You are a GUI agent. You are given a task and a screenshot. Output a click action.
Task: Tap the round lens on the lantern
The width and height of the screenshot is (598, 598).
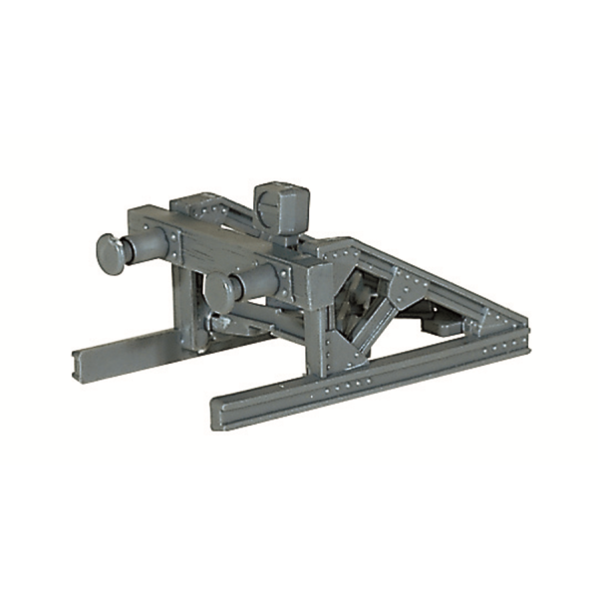[x=267, y=208]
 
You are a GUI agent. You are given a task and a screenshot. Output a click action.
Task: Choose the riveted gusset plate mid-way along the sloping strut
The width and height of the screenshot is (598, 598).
[x=408, y=290]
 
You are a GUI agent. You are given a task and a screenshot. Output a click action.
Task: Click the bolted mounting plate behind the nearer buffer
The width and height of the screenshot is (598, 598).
[x=284, y=281]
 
